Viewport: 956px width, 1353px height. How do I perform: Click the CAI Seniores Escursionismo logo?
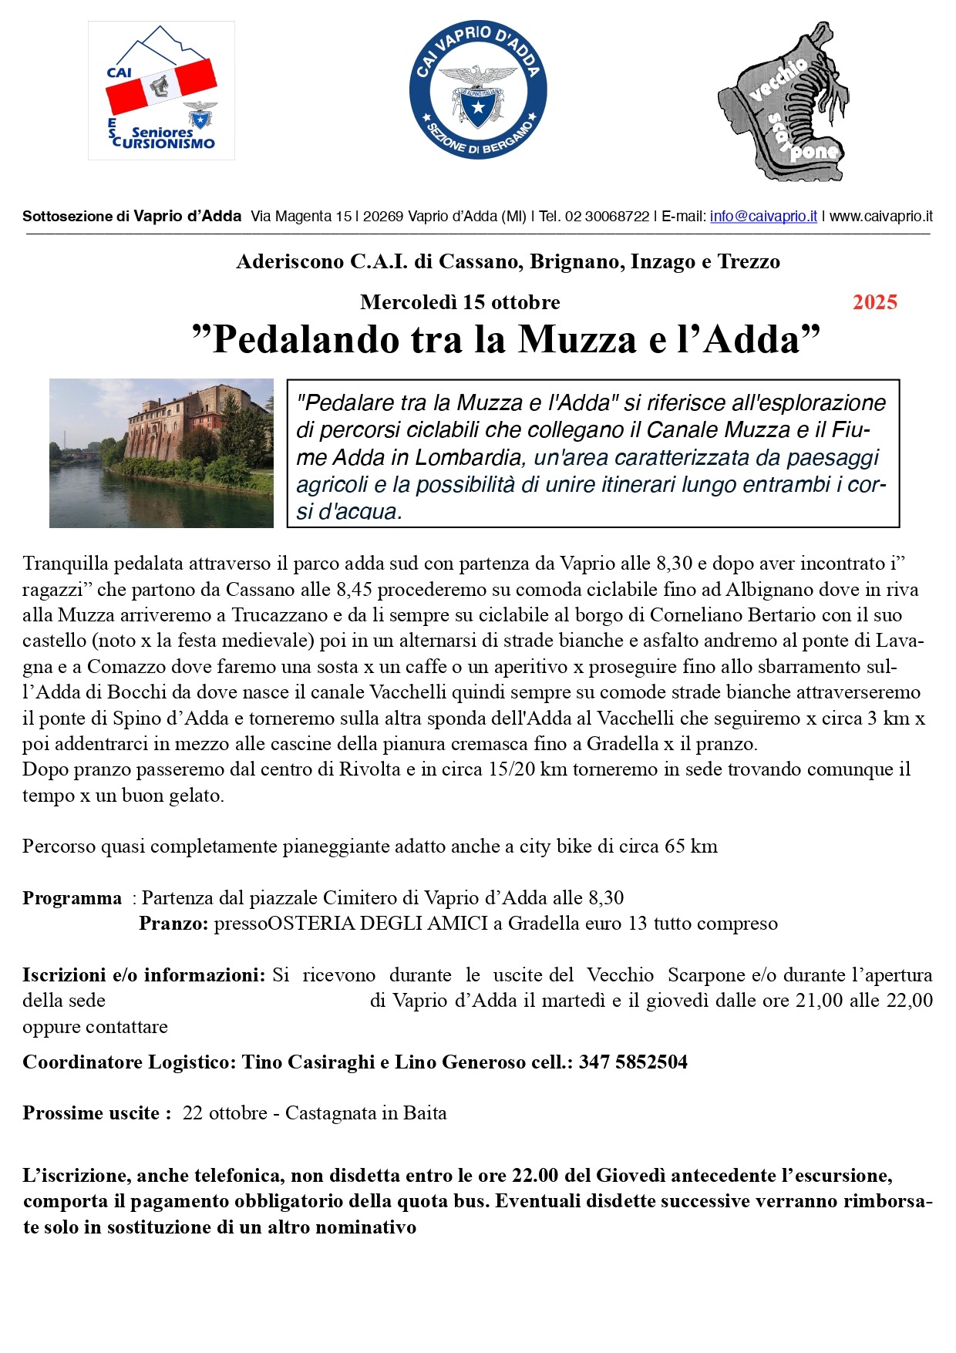click(x=161, y=90)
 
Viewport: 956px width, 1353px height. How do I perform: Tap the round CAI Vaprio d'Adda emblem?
click(x=478, y=90)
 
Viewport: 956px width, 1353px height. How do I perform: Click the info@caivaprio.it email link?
click(x=763, y=217)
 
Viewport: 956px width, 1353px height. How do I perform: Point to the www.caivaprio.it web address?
click(x=881, y=217)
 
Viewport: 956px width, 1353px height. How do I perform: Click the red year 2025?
click(x=875, y=302)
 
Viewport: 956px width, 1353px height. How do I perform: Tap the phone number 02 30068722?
click(x=607, y=217)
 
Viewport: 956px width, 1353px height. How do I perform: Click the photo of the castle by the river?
click(x=161, y=453)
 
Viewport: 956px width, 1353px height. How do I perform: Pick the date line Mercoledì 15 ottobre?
click(x=459, y=302)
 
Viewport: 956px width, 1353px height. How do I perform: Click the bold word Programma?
click(x=72, y=898)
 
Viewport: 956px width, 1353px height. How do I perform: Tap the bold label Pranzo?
click(x=173, y=924)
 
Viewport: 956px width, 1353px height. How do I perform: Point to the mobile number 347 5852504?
click(x=633, y=1062)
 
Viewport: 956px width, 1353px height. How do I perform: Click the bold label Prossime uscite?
click(x=92, y=1113)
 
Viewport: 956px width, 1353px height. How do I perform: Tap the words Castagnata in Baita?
click(x=365, y=1113)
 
